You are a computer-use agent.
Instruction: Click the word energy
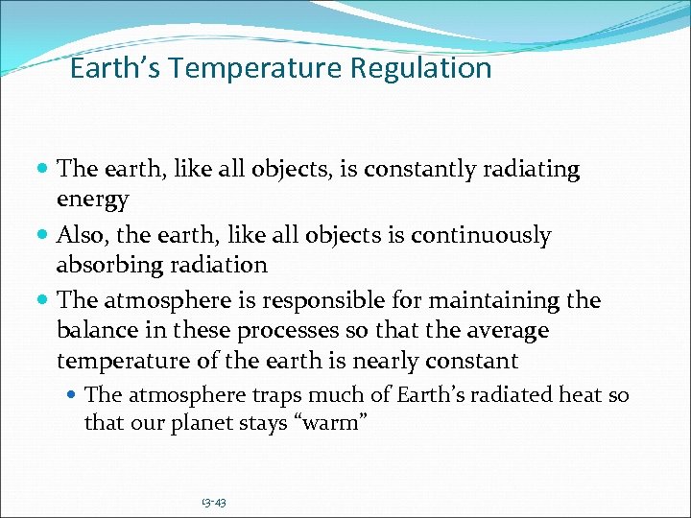coord(93,200)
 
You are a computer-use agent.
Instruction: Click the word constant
coord(473,361)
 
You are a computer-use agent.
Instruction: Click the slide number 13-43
coord(213,502)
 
